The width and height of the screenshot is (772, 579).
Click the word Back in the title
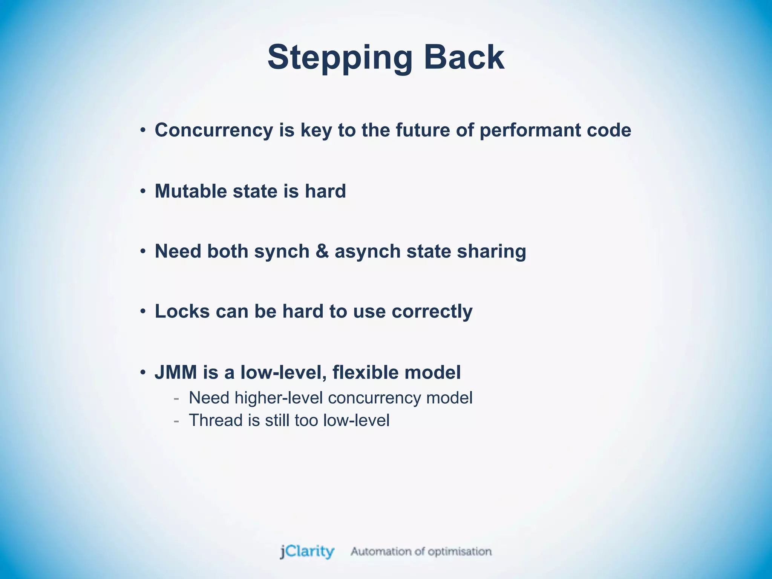(x=464, y=57)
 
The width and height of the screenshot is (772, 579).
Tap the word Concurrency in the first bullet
(x=214, y=130)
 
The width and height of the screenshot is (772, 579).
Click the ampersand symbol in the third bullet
(x=322, y=251)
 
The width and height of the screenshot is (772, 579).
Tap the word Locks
(x=182, y=312)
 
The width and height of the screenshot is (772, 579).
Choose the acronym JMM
(x=176, y=372)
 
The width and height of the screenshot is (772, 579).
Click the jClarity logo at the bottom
(x=307, y=552)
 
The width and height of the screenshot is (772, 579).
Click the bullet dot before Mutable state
(x=142, y=191)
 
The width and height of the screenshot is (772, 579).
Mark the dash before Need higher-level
(x=176, y=398)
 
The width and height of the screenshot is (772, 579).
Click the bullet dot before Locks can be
(x=142, y=312)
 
